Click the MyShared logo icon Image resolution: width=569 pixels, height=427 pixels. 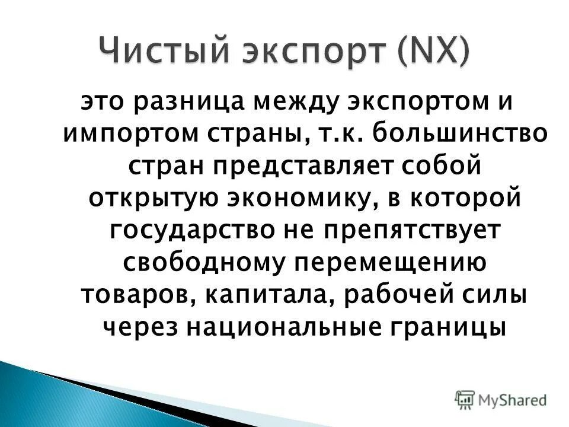pyautogui.click(x=465, y=399)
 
